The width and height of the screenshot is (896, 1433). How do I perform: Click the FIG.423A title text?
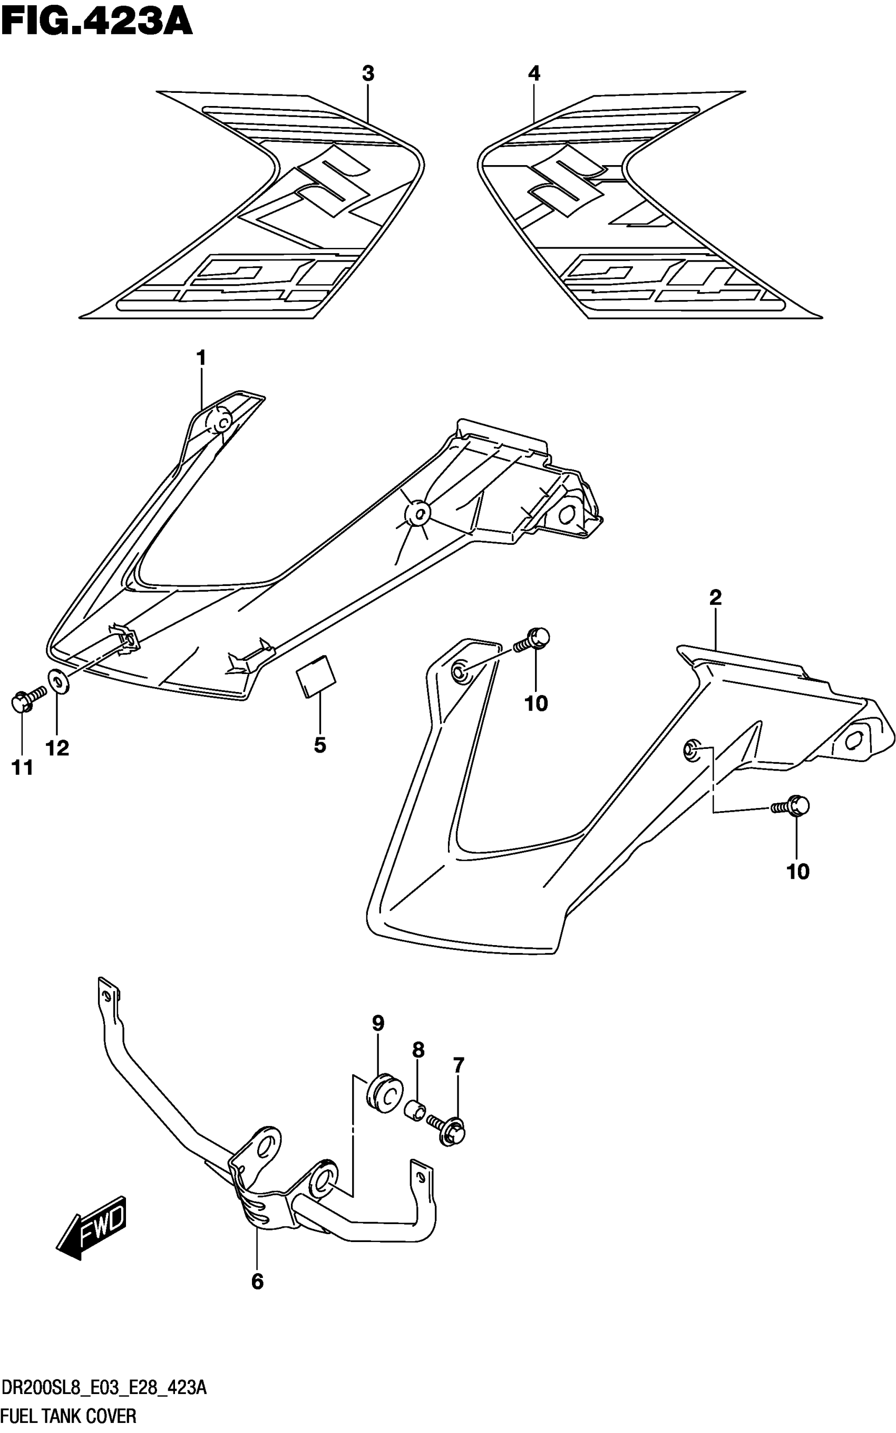pyautogui.click(x=96, y=23)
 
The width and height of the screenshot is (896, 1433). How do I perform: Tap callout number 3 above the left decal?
pyautogui.click(x=368, y=74)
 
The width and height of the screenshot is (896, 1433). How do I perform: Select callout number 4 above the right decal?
pyautogui.click(x=534, y=74)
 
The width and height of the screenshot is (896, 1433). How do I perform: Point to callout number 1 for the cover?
pyautogui.click(x=201, y=358)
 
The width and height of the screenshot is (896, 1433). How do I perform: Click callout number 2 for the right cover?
pyautogui.click(x=715, y=598)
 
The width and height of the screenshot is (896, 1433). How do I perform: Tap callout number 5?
pyautogui.click(x=320, y=745)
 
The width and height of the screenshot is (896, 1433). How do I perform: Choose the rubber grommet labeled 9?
pyautogui.click(x=384, y=1094)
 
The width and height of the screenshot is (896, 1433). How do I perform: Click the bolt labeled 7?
pyautogui.click(x=450, y=1128)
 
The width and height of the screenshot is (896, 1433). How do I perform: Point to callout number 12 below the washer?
pyautogui.click(x=57, y=748)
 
